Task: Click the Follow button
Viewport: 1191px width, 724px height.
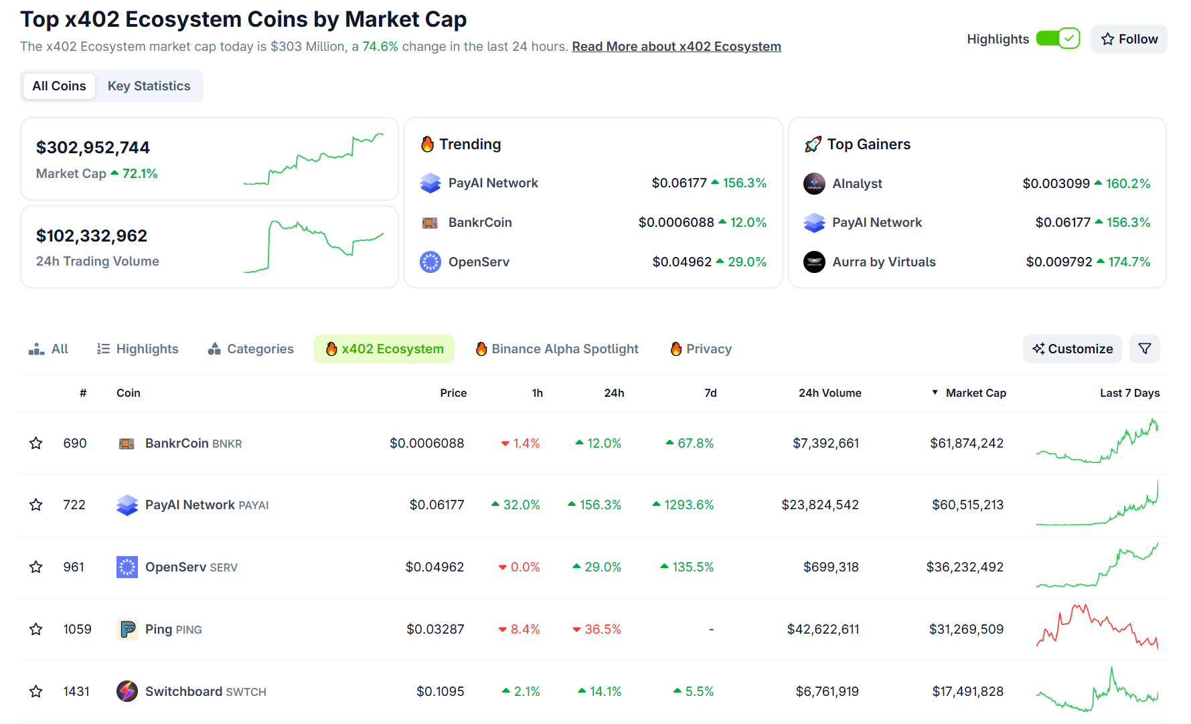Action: coord(1129,39)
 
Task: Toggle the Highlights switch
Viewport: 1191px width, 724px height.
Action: coord(1058,39)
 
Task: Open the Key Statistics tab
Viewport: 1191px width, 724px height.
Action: coord(149,86)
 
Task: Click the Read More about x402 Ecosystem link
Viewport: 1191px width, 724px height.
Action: coord(676,46)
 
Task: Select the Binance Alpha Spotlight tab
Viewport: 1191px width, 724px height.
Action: coord(557,349)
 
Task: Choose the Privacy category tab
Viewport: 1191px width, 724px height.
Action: coord(701,349)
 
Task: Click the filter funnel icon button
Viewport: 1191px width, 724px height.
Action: coord(1145,349)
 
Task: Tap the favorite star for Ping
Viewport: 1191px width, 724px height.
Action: coord(36,629)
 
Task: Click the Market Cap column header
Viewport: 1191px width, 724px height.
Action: coord(975,393)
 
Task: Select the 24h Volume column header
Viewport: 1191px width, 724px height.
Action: coord(829,393)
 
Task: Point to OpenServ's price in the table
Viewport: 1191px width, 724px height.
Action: coord(434,567)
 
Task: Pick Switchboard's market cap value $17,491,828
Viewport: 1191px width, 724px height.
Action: coord(967,691)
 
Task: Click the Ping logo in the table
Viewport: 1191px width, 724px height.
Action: coord(127,629)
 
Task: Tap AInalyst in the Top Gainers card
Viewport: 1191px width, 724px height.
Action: coord(857,183)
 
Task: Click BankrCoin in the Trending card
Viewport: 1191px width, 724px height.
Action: coord(479,222)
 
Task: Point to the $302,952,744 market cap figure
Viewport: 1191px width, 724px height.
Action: coord(93,147)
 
